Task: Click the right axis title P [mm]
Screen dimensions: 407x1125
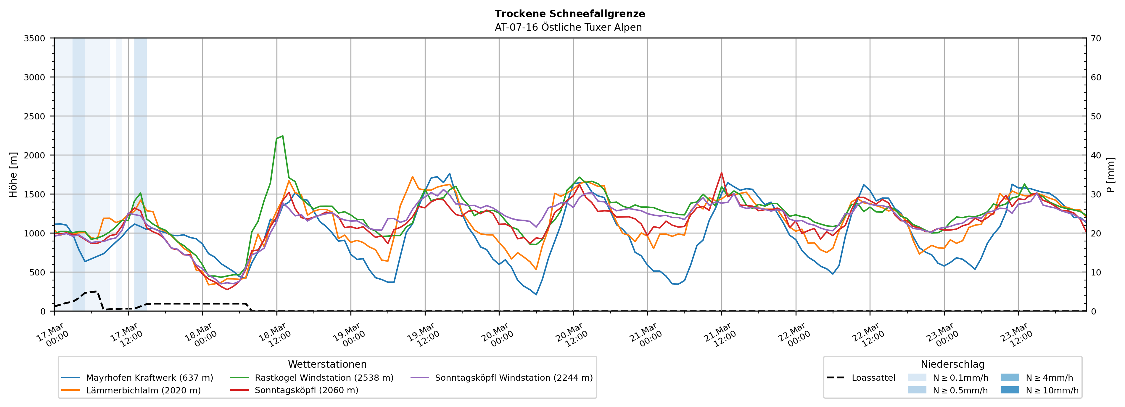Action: pyautogui.click(x=1110, y=174)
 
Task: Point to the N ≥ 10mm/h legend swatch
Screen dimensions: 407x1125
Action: pyautogui.click(x=1010, y=390)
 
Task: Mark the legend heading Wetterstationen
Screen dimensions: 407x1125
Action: pyautogui.click(x=327, y=364)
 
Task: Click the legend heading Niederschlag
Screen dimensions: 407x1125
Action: pyautogui.click(x=952, y=364)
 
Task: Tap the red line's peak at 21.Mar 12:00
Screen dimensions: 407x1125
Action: pyautogui.click(x=722, y=172)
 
